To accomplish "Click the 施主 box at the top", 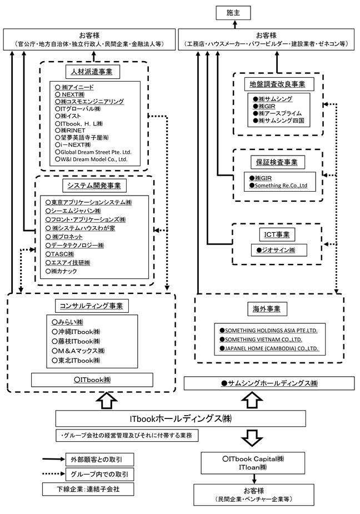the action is (233, 13).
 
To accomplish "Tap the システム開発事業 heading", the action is (94, 186).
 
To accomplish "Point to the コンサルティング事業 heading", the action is (91, 306).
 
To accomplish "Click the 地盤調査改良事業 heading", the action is (277, 84).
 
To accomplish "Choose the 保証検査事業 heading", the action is (277, 162).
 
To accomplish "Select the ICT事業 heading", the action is (277, 234).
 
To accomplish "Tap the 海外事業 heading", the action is (267, 309).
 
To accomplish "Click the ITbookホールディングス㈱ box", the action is (181, 418).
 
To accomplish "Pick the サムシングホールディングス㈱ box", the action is (269, 383).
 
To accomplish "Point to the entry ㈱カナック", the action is (61, 271).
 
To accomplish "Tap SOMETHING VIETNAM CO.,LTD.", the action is (261, 340).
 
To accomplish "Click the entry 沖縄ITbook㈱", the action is (76, 332).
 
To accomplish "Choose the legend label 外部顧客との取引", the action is (97, 460).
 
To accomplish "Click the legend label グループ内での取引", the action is (99, 475).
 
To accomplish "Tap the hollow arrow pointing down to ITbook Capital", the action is (252, 438).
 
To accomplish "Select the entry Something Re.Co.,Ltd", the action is (278, 186).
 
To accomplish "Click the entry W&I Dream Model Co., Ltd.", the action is (91, 159).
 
